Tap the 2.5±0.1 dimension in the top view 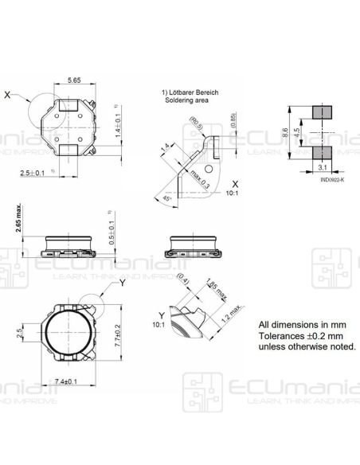coord(35,171)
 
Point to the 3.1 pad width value coord(322,168)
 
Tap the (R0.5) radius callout coord(195,124)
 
